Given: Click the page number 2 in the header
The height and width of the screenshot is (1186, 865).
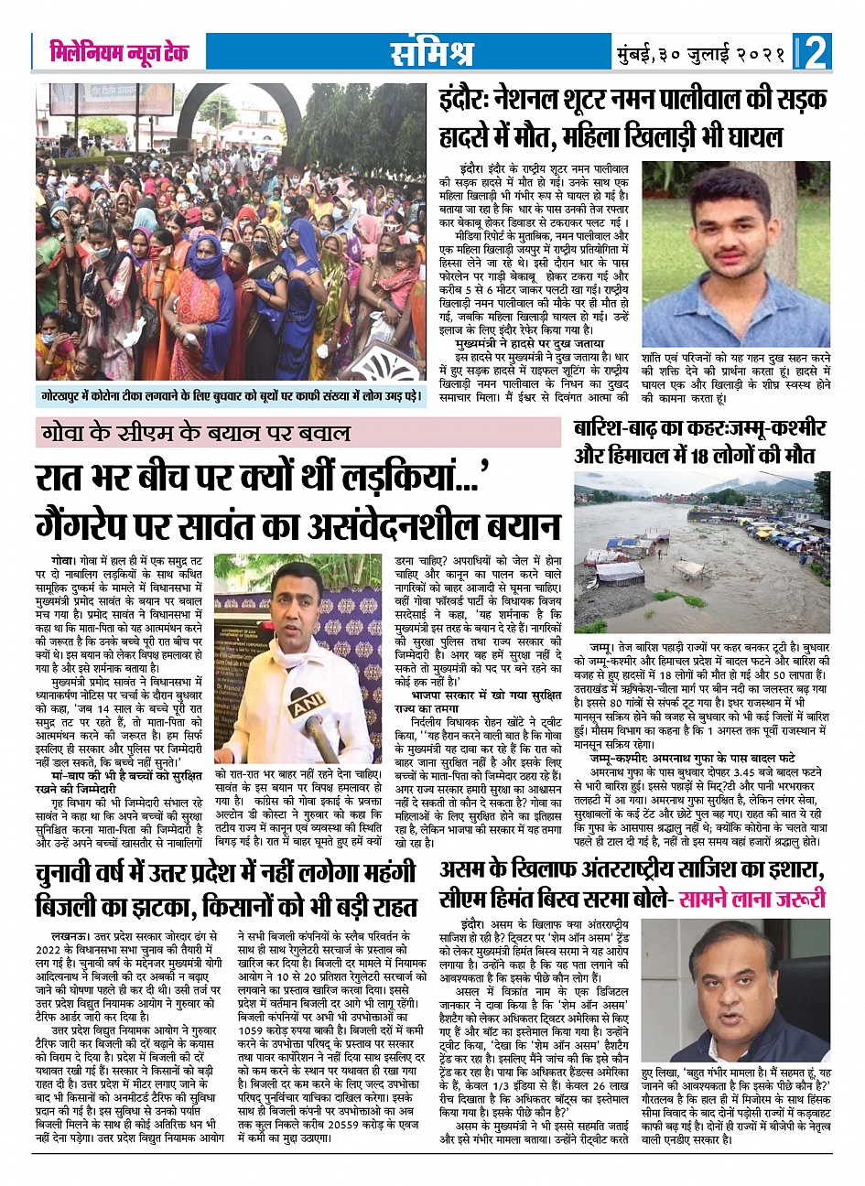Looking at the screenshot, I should (x=816, y=52).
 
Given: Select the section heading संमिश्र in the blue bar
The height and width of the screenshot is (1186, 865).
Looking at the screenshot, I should (x=431, y=53).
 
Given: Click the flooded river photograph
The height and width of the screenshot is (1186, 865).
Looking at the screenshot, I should (x=701, y=555).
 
